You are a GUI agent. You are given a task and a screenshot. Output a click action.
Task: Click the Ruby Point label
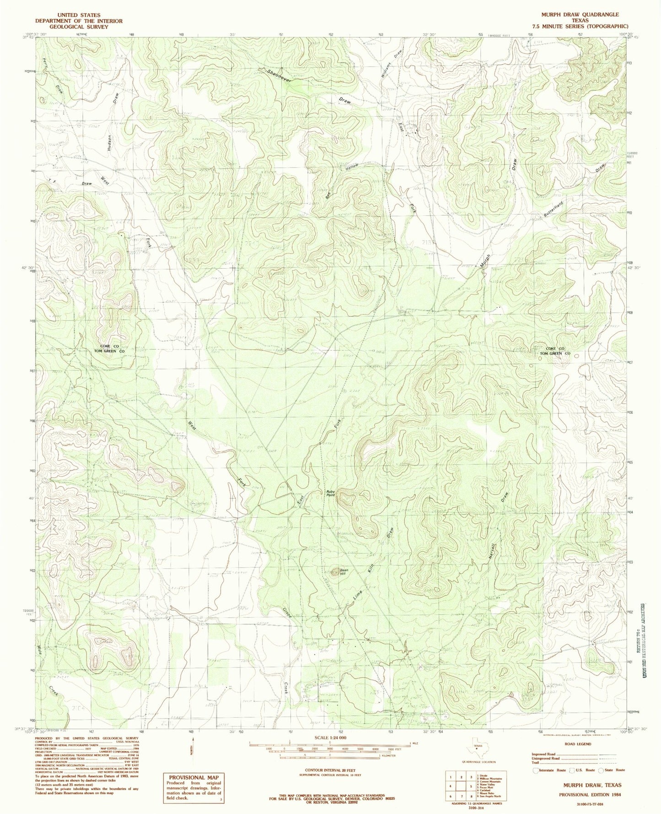coord(331,494)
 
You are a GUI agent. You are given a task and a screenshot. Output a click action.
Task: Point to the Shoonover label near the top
coord(281,76)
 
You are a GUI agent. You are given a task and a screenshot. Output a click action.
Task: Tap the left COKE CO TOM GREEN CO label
coord(109,348)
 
